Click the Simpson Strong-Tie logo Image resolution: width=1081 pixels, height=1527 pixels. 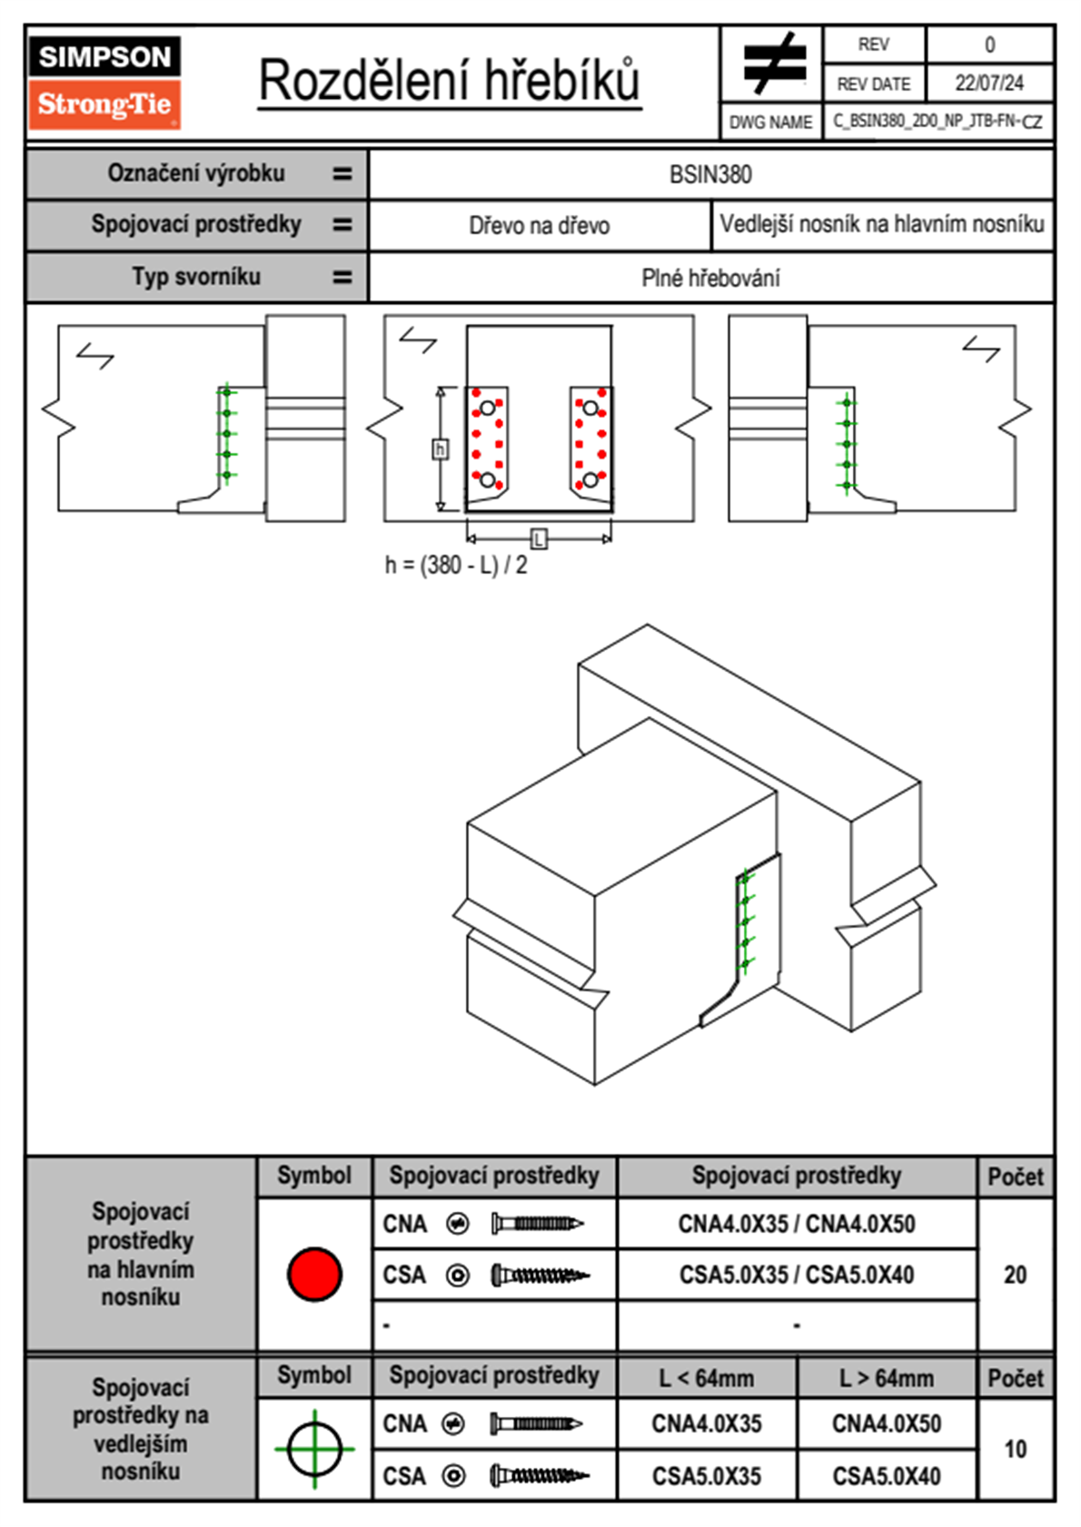point(104,83)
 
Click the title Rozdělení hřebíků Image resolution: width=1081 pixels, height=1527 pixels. point(450,82)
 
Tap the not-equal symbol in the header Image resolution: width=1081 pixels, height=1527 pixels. point(773,64)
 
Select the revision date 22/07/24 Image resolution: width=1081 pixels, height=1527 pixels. point(988,84)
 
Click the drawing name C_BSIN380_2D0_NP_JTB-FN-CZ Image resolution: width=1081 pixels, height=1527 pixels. point(937,121)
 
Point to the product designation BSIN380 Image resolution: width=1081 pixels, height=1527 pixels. point(710,174)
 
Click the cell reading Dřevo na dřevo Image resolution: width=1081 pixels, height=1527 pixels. point(539,226)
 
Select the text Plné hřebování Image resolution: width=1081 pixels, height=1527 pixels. point(710,278)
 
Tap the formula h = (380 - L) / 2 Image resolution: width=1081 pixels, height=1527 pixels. point(456,566)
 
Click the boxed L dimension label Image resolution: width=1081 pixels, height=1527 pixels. point(539,539)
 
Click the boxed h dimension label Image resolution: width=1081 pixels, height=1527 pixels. point(441,449)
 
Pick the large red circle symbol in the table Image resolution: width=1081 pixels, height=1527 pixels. point(314,1274)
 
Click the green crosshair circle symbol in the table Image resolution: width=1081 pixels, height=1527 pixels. point(314,1449)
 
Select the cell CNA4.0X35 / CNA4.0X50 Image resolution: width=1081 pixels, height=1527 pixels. point(797,1224)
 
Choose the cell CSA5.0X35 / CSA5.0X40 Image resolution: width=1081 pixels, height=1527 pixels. point(797,1275)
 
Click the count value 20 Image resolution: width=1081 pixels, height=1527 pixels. point(1015,1275)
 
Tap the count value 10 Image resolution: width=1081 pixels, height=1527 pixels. point(1015,1449)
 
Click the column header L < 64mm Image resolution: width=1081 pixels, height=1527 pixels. point(707,1378)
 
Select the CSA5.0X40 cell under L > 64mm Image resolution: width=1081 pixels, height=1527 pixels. point(887,1476)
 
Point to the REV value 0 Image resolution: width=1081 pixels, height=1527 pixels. point(989,44)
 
